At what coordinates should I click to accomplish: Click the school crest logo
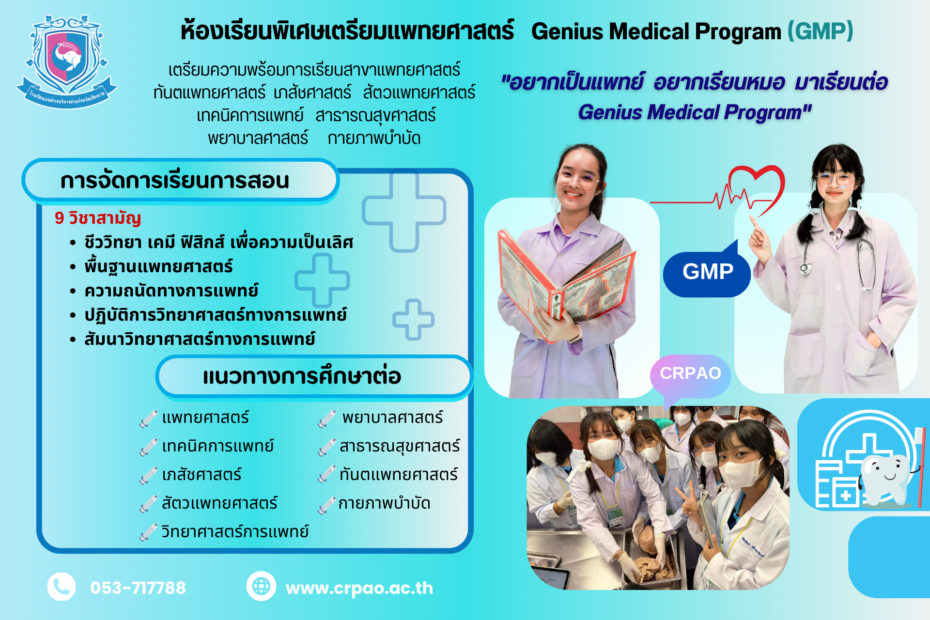[66, 62]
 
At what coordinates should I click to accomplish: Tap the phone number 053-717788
[138, 588]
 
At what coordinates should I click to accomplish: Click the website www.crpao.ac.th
[359, 588]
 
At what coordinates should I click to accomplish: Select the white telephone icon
[62, 587]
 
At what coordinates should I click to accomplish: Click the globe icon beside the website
[261, 586]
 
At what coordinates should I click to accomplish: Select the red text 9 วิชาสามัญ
[98, 218]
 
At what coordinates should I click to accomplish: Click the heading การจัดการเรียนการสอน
[175, 181]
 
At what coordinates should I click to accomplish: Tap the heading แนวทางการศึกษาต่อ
[302, 376]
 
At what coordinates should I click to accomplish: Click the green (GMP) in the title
[820, 31]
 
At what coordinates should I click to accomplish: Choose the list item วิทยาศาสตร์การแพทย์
[235, 531]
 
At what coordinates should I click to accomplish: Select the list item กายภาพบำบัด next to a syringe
[384, 504]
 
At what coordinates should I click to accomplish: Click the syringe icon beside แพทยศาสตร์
[149, 418]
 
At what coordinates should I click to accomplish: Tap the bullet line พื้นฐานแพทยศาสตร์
[158, 266]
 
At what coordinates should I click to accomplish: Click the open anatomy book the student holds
[564, 279]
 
